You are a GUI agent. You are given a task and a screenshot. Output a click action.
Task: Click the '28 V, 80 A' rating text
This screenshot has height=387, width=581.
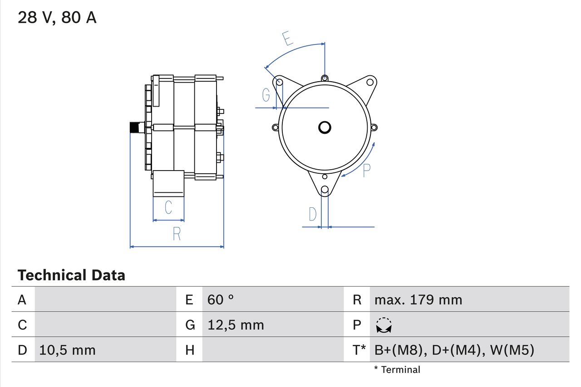(x=57, y=18)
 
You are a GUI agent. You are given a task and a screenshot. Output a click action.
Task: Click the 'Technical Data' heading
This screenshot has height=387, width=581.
(x=71, y=275)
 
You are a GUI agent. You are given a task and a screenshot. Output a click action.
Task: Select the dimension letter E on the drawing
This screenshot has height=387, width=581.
(x=286, y=39)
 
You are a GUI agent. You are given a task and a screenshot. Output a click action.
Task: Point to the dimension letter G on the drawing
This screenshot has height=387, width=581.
(x=266, y=95)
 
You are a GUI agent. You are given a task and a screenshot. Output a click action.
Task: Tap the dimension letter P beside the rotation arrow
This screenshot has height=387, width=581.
(x=367, y=170)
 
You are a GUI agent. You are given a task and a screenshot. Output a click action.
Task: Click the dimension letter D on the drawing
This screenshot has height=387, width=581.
(x=312, y=214)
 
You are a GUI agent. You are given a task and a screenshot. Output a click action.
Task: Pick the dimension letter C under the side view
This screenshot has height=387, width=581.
(x=168, y=207)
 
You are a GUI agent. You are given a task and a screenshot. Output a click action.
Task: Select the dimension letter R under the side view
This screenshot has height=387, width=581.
(x=177, y=234)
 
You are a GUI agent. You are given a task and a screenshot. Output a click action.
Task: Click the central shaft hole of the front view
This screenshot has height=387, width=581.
(x=325, y=127)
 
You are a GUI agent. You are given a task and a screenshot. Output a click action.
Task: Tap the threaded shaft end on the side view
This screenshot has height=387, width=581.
(x=135, y=127)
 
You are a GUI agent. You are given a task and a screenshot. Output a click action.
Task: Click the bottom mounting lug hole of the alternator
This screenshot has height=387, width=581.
(x=325, y=190)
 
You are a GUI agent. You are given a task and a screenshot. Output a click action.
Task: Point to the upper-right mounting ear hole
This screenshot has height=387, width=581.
(x=370, y=82)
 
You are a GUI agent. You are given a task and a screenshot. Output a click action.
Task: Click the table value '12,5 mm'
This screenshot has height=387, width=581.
(x=236, y=325)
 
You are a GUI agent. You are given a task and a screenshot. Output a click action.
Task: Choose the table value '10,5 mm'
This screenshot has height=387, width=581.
(x=67, y=350)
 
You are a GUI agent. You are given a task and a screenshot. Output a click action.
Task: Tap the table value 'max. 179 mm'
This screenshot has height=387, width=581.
(x=418, y=299)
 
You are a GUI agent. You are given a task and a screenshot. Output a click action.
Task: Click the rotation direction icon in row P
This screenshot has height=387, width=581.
(x=384, y=325)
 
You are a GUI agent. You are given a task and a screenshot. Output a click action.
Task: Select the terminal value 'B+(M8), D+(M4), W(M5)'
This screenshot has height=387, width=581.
(x=454, y=350)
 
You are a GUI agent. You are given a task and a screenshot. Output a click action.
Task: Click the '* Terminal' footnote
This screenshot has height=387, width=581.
(x=397, y=370)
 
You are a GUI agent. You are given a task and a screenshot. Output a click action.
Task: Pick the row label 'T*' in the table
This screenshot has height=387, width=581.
(x=359, y=350)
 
